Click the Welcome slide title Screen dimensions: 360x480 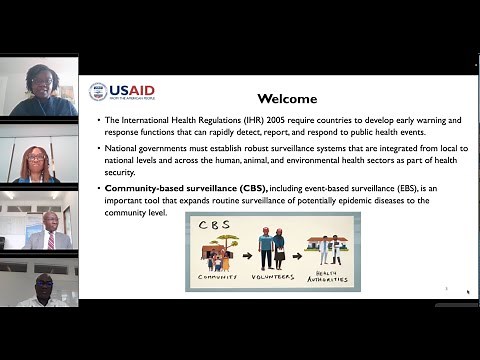[287, 99]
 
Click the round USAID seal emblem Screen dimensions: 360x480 [98, 91]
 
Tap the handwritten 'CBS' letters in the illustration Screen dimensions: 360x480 [208, 223]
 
